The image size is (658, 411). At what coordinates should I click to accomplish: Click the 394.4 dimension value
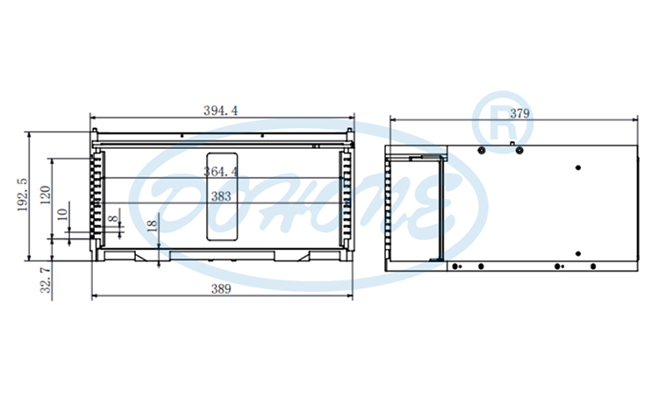point(221,110)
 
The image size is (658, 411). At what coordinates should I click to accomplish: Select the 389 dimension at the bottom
point(221,289)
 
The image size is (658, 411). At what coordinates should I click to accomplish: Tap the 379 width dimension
point(519,113)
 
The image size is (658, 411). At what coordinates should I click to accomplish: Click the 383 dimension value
point(221,197)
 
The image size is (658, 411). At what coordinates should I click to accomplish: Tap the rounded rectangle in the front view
point(221,186)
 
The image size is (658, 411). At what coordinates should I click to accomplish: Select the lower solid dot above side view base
point(577,253)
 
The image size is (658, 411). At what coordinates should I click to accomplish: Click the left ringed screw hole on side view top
point(482,150)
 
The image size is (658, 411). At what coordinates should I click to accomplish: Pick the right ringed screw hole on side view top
point(519,150)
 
